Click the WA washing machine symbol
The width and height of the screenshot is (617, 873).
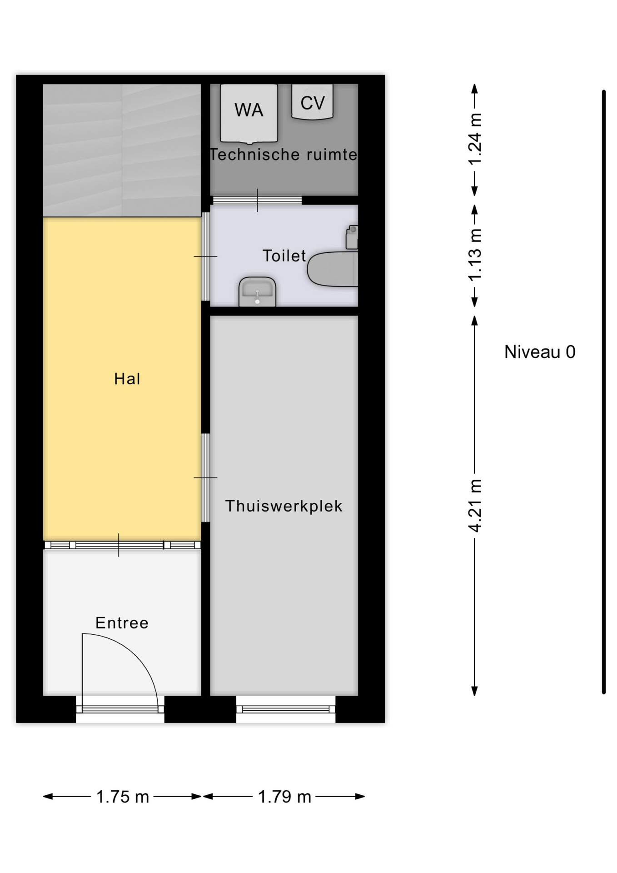(249, 113)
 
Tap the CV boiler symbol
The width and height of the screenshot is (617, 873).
(312, 101)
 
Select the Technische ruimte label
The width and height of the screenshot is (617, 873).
(284, 155)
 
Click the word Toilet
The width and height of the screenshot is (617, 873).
(284, 256)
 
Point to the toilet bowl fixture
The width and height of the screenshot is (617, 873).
(333, 268)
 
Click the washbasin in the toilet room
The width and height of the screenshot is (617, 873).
(257, 291)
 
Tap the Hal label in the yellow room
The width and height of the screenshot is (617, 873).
(127, 379)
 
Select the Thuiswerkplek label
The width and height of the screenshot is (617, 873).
(284, 506)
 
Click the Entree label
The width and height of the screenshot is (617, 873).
(122, 623)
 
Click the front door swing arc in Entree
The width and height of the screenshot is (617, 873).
(136, 655)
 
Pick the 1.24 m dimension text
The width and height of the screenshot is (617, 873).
(475, 139)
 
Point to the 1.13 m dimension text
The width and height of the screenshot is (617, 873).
(475, 255)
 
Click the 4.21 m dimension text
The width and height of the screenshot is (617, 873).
(475, 506)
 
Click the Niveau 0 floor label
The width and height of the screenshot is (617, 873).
(540, 352)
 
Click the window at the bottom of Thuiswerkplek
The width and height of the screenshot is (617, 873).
(286, 709)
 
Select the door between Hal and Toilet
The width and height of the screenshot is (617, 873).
(205, 256)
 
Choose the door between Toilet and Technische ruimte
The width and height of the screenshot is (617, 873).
(258, 200)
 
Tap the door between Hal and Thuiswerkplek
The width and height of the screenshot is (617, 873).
(205, 477)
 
